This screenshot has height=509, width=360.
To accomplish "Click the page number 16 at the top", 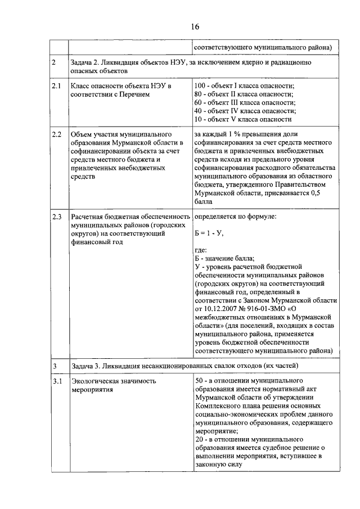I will (195, 26).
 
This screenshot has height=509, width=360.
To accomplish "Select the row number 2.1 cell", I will (56, 85).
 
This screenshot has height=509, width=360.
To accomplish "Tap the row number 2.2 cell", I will (56, 135).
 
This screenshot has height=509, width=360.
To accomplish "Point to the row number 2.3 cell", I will (56, 216).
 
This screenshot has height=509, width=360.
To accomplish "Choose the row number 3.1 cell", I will (56, 381).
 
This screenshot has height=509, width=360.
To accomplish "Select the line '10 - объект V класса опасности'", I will (242, 119).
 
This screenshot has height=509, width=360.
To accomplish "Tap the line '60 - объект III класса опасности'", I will (245, 102).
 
